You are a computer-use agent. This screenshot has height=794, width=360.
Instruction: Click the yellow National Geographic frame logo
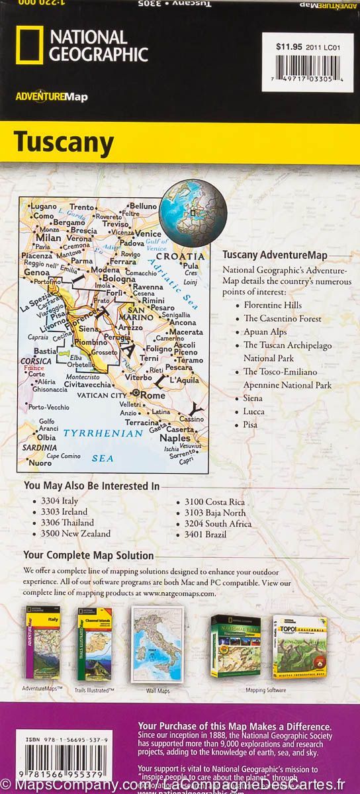28,45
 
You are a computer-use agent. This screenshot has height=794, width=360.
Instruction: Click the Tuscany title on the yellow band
64,142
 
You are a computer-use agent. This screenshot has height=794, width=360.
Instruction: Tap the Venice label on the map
148,234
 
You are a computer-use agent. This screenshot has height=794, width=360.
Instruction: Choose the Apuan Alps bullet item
265,331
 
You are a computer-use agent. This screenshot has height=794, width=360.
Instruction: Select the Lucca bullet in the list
253,411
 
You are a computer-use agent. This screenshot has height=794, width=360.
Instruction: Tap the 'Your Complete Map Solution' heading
89,556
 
